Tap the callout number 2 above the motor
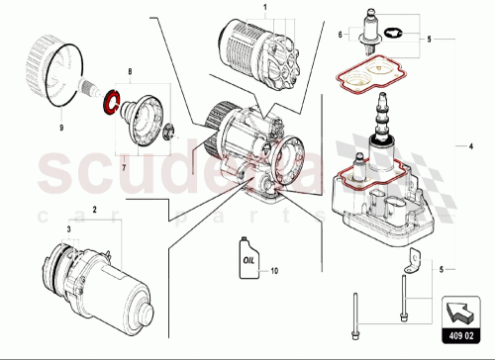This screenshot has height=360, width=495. (x=94, y=212)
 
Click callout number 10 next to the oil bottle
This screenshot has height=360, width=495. (x=276, y=270)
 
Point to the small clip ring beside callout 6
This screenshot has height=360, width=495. (x=392, y=39)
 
